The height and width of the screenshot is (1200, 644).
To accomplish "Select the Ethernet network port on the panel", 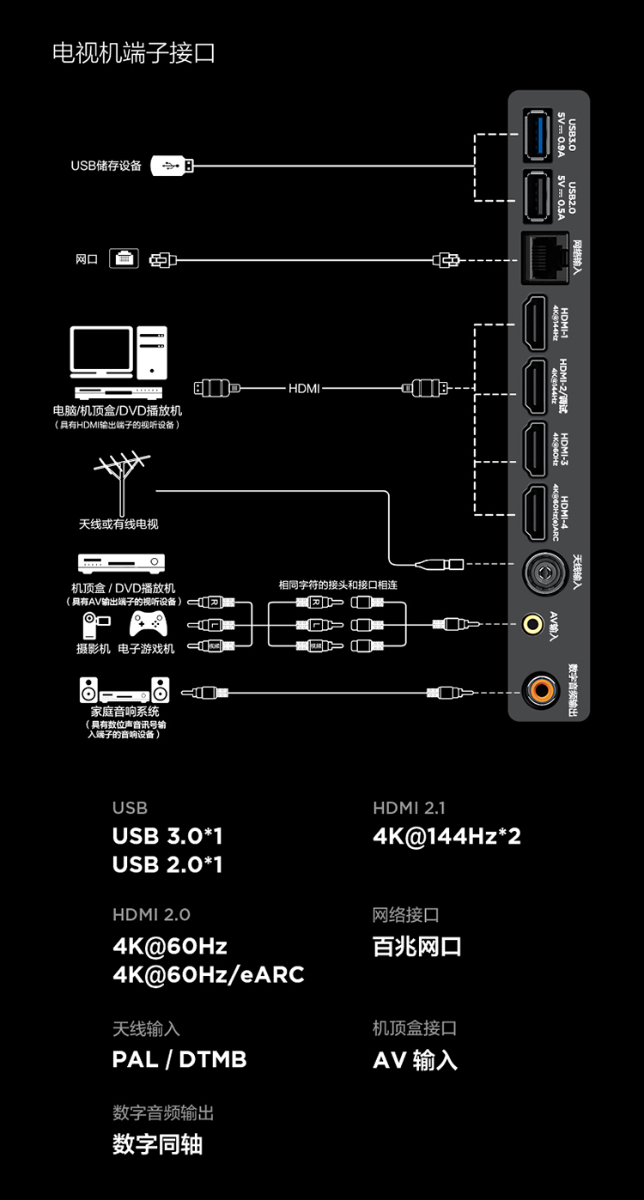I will pyautogui.click(x=543, y=257).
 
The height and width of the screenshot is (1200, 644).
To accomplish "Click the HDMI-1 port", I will pyautogui.click(x=536, y=323).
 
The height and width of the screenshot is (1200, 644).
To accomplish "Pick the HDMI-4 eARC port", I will pyautogui.click(x=536, y=513).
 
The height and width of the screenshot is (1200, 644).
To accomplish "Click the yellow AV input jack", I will pyautogui.click(x=535, y=621).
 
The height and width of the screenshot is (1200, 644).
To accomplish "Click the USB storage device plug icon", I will pyautogui.click(x=172, y=166).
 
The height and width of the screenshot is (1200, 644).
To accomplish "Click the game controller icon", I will pyautogui.click(x=148, y=625).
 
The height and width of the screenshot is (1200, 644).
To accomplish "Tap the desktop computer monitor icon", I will pyautogui.click(x=102, y=353).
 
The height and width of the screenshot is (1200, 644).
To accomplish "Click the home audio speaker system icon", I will pyautogui.click(x=125, y=691).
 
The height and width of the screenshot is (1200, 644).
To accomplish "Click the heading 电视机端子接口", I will pyautogui.click(x=133, y=53).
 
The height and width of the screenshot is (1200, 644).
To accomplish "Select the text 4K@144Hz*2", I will pyautogui.click(x=447, y=836).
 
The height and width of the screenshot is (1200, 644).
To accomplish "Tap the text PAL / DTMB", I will pyautogui.click(x=179, y=1059).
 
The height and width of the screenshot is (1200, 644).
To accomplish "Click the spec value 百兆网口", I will pyautogui.click(x=417, y=947).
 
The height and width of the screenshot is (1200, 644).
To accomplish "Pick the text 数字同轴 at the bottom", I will pyautogui.click(x=157, y=1144).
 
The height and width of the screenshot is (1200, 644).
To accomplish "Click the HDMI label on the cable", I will pyautogui.click(x=304, y=389).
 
